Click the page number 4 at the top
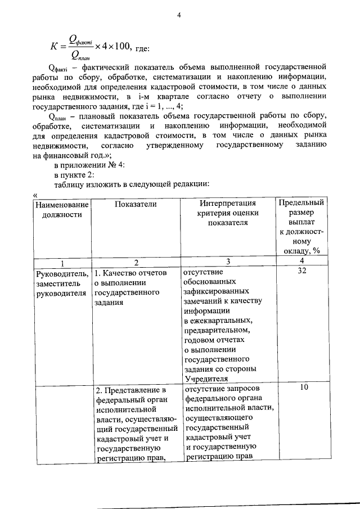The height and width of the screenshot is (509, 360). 179,15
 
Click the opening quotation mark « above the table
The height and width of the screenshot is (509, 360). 35,193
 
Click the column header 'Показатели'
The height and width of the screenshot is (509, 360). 136,204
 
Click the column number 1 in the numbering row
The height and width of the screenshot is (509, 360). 62,262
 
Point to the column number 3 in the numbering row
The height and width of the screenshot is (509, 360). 227,262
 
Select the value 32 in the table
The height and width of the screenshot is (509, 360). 301,272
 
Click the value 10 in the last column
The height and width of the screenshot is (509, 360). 301,388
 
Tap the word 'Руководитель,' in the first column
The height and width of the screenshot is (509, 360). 62,273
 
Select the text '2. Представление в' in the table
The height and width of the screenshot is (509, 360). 130,390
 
